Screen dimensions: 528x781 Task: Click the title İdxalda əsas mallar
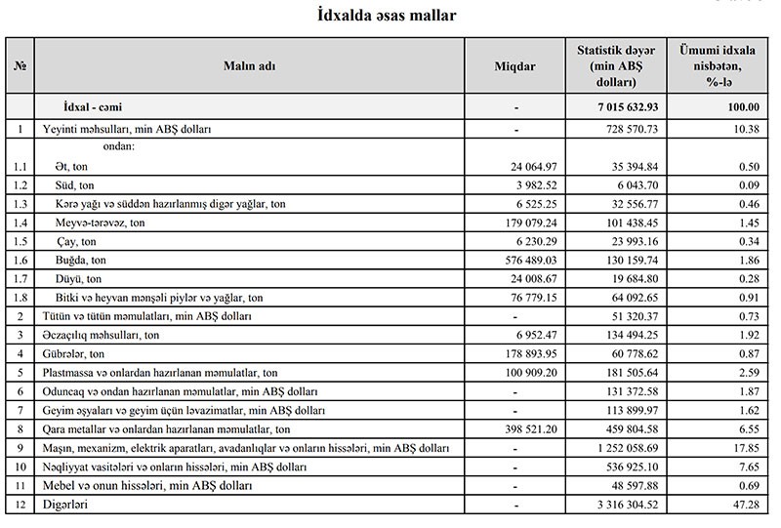pos(390,17)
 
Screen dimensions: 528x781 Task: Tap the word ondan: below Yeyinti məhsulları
pos(116,146)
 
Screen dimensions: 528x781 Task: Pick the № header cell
pos(20,64)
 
